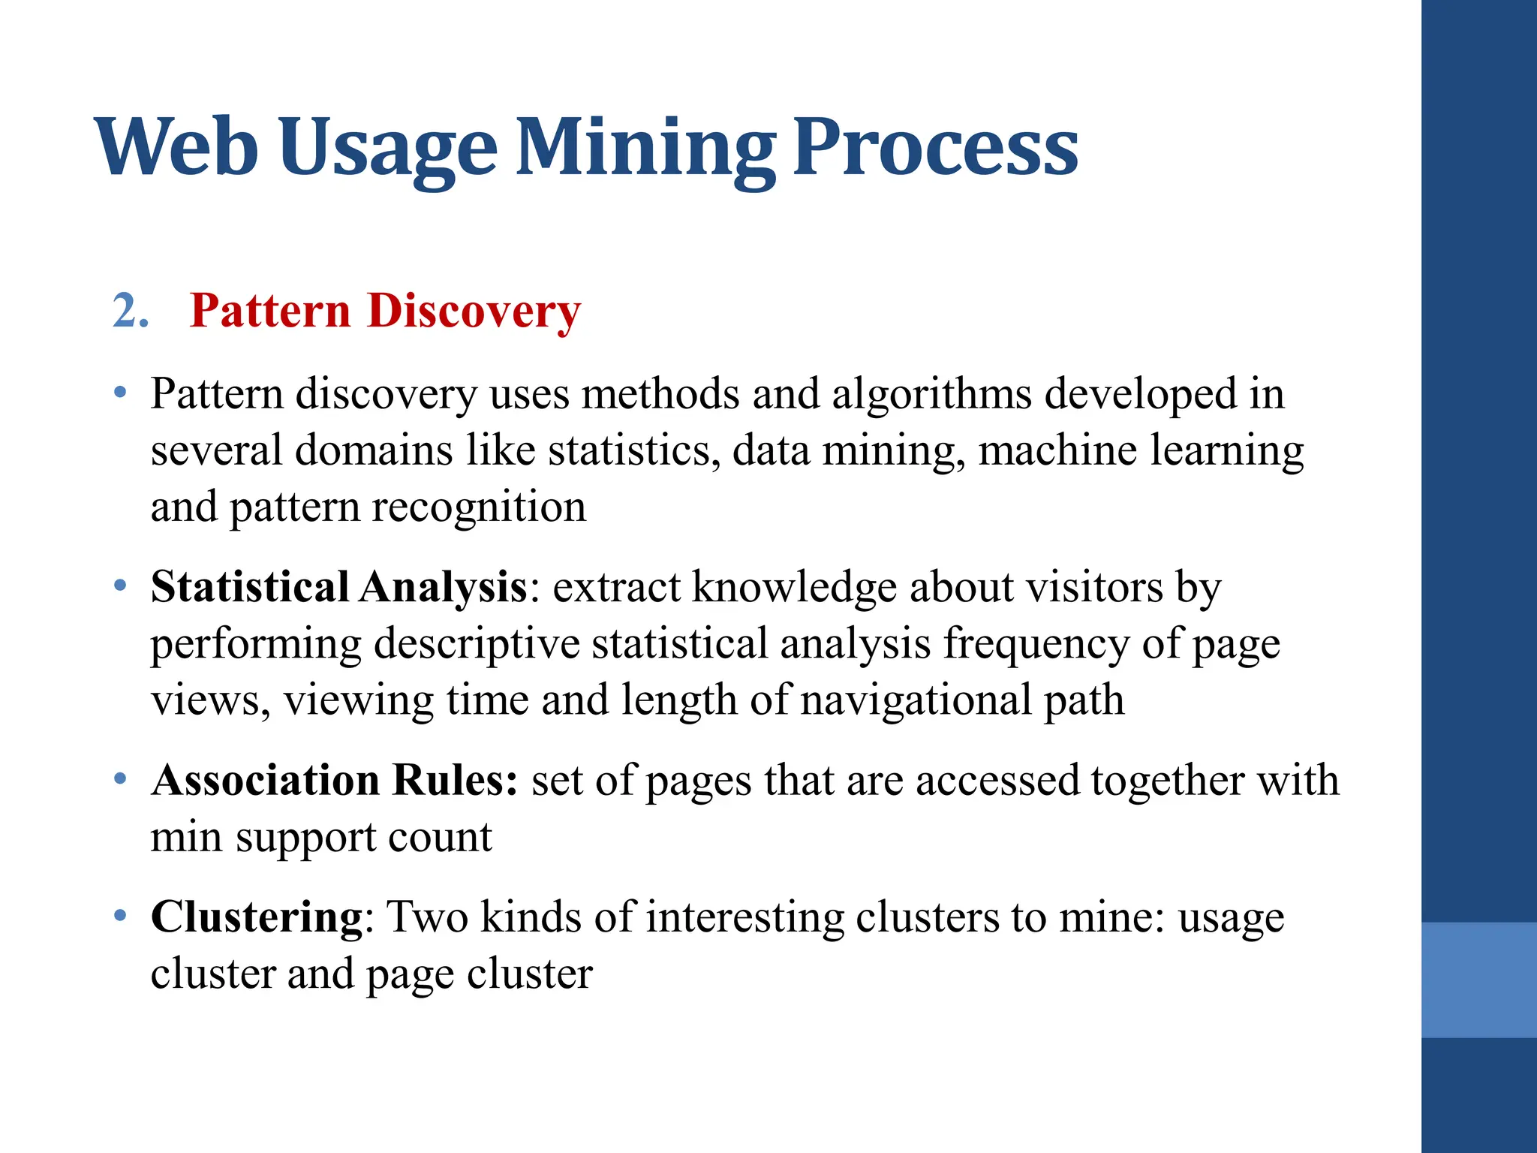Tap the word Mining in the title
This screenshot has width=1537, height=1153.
point(645,148)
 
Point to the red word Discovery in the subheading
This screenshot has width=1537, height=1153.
point(474,311)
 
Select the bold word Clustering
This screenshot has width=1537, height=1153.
point(257,917)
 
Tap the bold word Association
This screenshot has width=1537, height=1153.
point(265,780)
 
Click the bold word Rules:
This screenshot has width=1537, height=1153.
point(456,780)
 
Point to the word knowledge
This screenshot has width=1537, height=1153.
point(794,586)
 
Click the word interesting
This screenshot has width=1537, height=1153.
point(744,917)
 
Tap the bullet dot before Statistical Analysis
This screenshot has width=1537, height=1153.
point(120,585)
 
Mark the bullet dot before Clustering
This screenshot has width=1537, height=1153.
point(120,915)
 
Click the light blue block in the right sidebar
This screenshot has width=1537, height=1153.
point(1478,980)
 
